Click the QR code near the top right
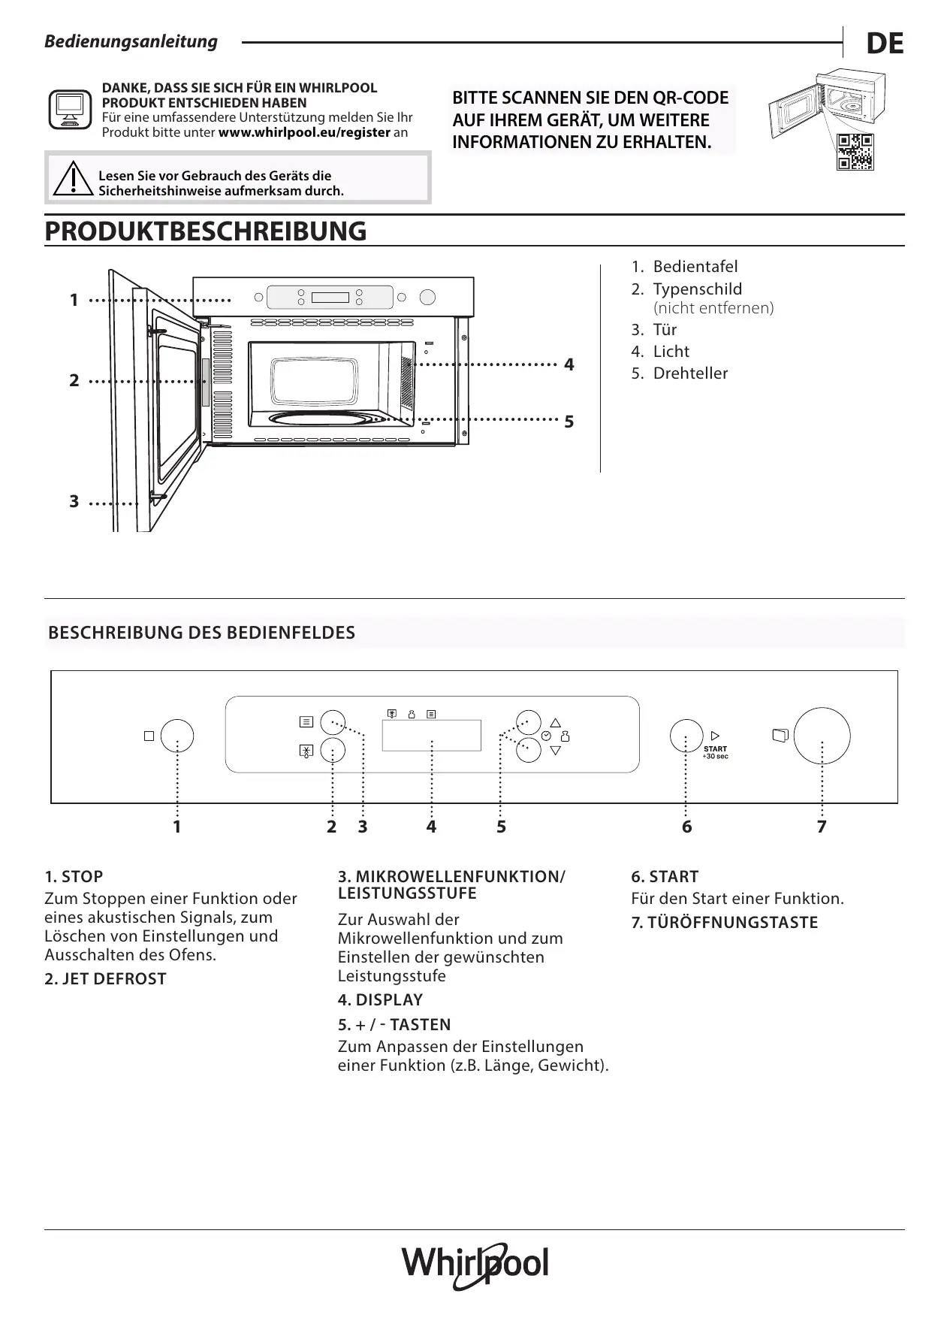coord(855,152)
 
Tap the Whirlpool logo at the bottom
coord(475,1265)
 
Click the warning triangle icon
coord(72,179)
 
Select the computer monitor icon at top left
coord(70,109)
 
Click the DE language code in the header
coord(884,44)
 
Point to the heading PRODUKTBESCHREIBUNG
coord(206,231)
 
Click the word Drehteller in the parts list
coord(690,373)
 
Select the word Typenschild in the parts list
coord(697,289)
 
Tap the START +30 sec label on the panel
coord(715,752)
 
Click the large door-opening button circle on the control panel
coord(822,736)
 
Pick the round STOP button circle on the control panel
coord(176,736)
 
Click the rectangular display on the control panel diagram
coord(431,735)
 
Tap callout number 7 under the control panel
coord(822,827)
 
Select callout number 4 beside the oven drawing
coord(569,365)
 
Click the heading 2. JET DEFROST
coord(106,979)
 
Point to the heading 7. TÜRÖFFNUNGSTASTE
coord(725,923)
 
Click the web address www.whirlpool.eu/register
coord(304,132)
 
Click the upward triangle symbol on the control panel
coord(556,722)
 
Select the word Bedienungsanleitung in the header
coord(131,42)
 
